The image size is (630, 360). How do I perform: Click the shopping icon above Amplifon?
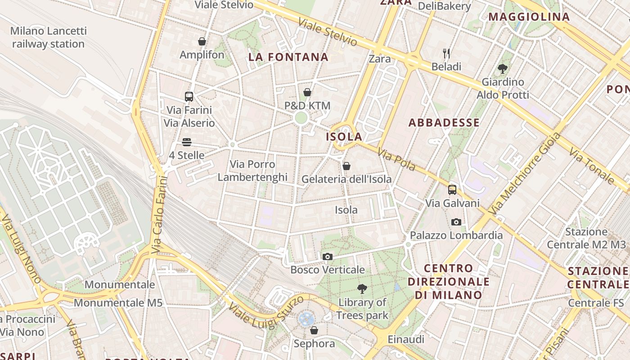pyautogui.click(x=202, y=41)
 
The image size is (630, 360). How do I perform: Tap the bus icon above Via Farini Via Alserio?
pyautogui.click(x=189, y=96)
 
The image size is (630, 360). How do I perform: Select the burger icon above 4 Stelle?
pyautogui.click(x=187, y=142)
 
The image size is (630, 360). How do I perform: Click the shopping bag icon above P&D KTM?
pyautogui.click(x=307, y=92)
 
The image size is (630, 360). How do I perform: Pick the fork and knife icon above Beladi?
pyautogui.click(x=446, y=53)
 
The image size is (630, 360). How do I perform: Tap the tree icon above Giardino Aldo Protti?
pyautogui.click(x=503, y=69)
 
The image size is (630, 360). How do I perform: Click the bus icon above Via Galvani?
pyautogui.click(x=452, y=190)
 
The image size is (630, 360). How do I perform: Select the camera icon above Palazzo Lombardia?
pyautogui.click(x=456, y=222)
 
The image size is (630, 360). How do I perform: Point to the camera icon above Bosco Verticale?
pyautogui.click(x=328, y=256)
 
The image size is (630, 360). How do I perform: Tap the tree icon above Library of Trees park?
pyautogui.click(x=362, y=289)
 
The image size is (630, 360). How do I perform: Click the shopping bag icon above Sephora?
pyautogui.click(x=314, y=330)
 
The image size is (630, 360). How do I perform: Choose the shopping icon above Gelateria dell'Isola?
pyautogui.click(x=346, y=166)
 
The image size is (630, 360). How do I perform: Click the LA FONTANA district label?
pyautogui.click(x=288, y=57)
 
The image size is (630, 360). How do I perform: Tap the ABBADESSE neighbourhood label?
pyautogui.click(x=444, y=122)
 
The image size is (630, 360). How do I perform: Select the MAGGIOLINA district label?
pyautogui.click(x=529, y=17)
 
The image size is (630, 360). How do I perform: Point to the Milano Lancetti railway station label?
pyautogui.click(x=48, y=37)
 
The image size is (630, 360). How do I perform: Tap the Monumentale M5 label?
pyautogui.click(x=118, y=302)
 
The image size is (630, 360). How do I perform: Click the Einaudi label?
pyautogui.click(x=405, y=339)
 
